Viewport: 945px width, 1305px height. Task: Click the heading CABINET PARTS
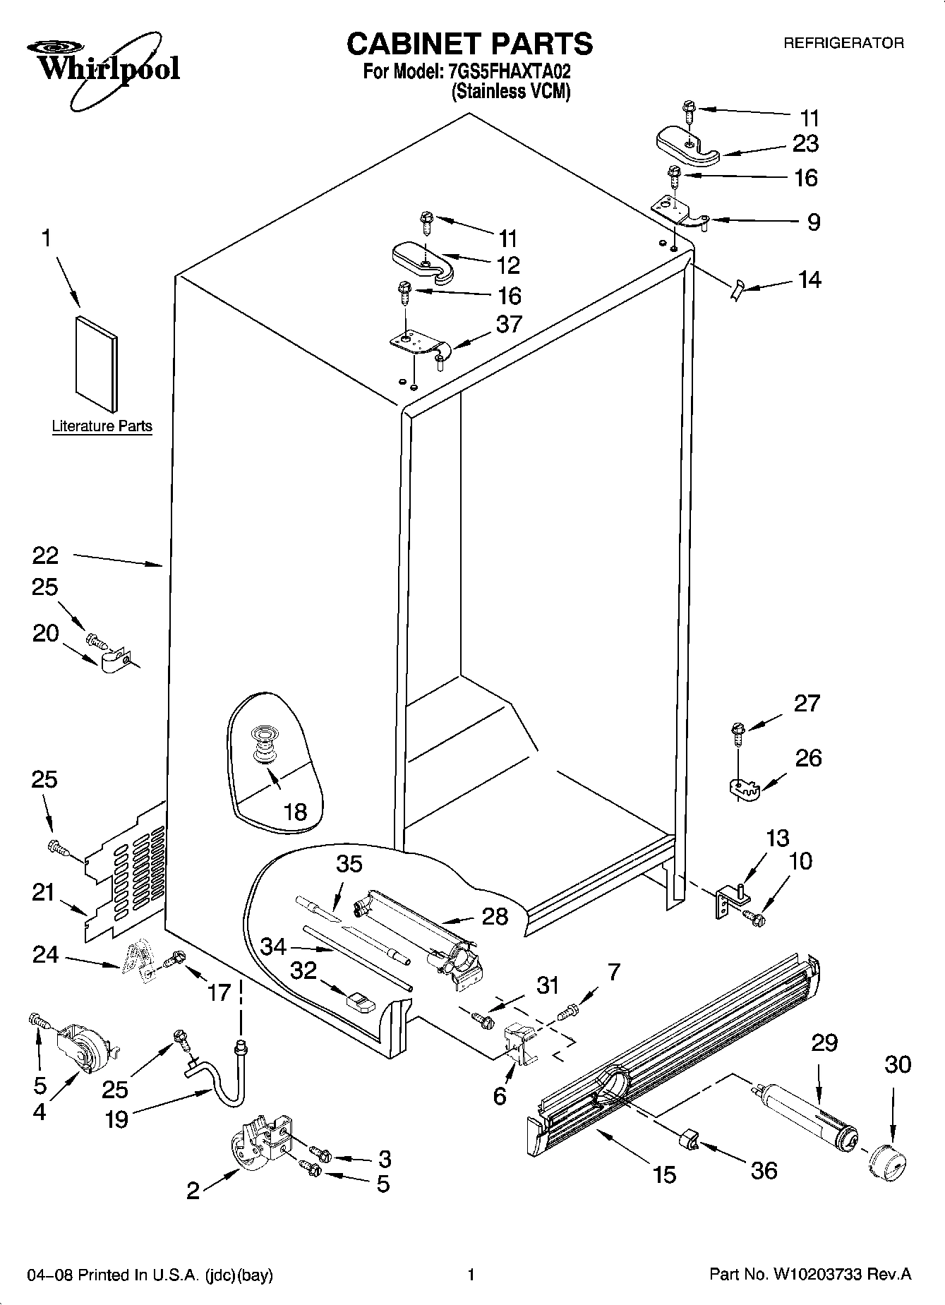(469, 44)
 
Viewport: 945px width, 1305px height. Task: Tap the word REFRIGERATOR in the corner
(843, 43)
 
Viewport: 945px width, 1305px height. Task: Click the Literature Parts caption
(102, 426)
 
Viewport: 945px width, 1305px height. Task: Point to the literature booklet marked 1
(96, 363)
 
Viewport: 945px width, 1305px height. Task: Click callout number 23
(805, 143)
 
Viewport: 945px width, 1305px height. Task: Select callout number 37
(509, 324)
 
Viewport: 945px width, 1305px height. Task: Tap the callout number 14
(809, 279)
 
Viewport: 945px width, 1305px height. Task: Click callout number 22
(45, 555)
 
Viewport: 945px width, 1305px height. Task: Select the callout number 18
(295, 812)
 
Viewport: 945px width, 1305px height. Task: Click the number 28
(495, 916)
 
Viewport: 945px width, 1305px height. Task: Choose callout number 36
(764, 1170)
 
